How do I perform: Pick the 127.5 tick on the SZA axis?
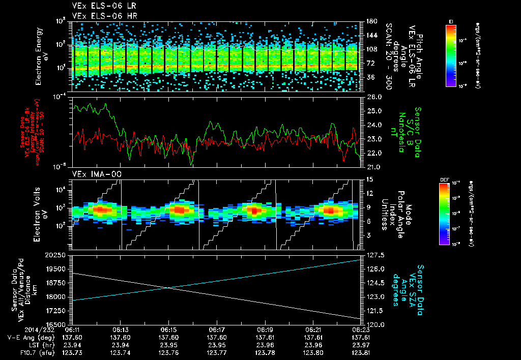pos(376,255)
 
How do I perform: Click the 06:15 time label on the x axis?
pos(168,329)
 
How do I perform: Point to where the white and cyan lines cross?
pos(168,288)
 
